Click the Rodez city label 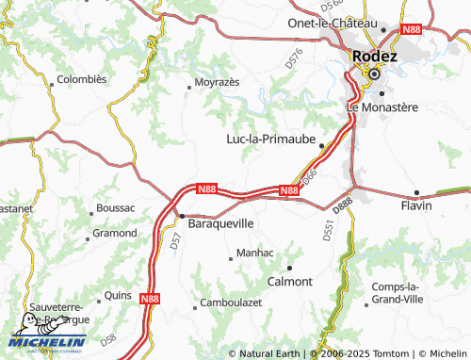point(375,55)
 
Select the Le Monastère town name point(382,107)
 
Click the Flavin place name point(415,205)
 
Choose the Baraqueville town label point(221,224)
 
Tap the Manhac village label point(254,254)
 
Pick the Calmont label point(290,281)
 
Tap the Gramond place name point(114,232)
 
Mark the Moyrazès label point(217,83)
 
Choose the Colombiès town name point(82,80)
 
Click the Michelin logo point(47,341)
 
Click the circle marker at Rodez point(373,74)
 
